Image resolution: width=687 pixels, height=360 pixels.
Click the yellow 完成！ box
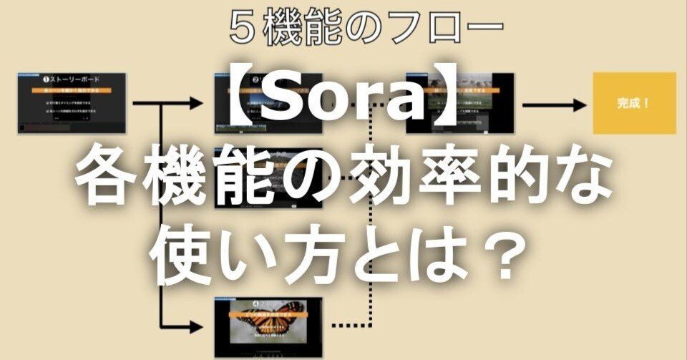634,103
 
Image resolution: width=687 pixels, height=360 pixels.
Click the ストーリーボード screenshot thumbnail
73,103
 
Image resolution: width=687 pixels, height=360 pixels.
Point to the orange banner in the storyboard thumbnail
73,91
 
